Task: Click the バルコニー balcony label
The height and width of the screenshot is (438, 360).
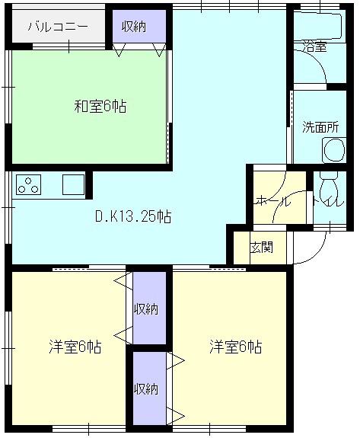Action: (x=58, y=27)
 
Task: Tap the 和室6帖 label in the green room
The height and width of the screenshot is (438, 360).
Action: (x=100, y=106)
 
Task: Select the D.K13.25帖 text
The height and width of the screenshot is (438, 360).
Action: (x=133, y=216)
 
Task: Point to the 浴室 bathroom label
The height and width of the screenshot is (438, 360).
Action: (x=315, y=47)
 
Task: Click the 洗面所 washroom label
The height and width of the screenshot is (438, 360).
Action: (x=320, y=127)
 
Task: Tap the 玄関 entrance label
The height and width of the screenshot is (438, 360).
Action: (x=261, y=248)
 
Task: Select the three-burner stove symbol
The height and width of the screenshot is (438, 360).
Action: (x=28, y=184)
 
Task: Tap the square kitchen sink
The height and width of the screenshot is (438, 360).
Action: (x=73, y=184)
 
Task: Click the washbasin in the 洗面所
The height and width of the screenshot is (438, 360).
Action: (x=334, y=150)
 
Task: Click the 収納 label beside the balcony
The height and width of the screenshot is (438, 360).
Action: (x=134, y=27)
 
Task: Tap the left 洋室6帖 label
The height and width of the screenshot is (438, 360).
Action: (x=75, y=347)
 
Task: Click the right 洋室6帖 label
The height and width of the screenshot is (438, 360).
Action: (x=236, y=347)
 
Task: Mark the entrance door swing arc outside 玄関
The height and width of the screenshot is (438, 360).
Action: (x=317, y=255)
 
